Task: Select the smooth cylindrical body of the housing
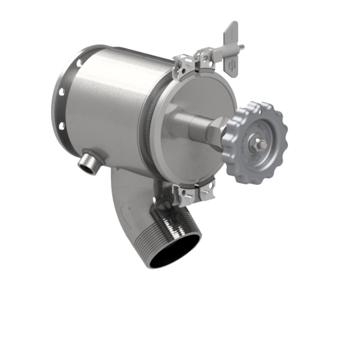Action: tap(120, 96)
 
